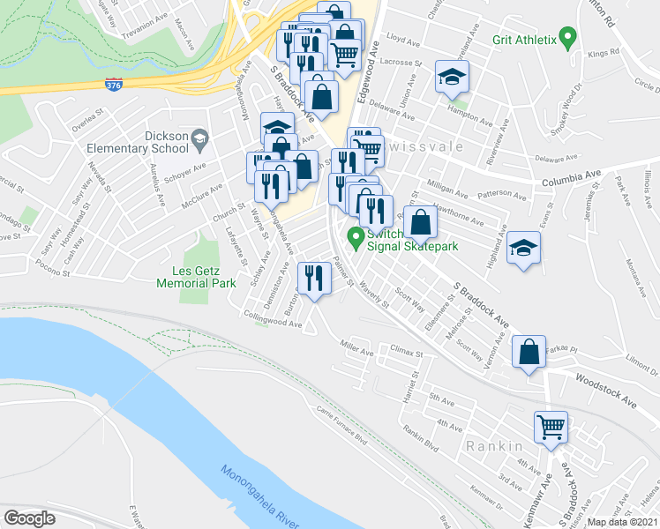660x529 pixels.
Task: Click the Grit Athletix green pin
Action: (x=569, y=38)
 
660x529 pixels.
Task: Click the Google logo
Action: (x=29, y=518)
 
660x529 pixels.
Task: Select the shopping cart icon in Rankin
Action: (x=551, y=428)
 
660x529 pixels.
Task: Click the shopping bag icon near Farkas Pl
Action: (x=529, y=354)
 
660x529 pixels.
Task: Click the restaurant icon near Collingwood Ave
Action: (x=314, y=279)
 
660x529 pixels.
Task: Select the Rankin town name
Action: (x=497, y=446)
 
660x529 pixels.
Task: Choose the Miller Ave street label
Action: (x=357, y=350)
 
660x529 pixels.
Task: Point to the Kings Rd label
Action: (x=599, y=55)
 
